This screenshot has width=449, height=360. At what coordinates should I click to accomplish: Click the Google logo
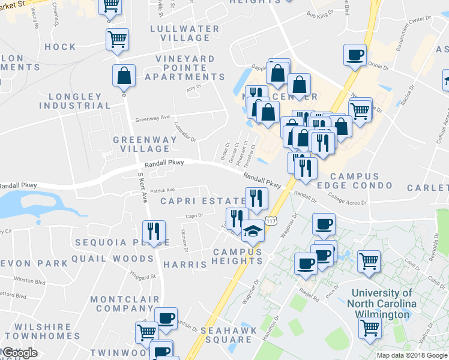tap(19, 353)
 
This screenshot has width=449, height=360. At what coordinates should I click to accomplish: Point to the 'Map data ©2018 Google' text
tap(411, 355)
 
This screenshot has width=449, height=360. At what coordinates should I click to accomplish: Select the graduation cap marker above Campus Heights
tap(252, 230)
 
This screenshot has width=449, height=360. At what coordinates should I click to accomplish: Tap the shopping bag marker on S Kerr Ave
tap(124, 76)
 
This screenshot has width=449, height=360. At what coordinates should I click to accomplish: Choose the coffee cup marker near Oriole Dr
tap(355, 55)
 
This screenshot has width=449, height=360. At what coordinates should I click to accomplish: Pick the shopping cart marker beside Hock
tap(117, 40)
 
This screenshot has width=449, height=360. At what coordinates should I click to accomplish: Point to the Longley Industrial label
tap(75, 101)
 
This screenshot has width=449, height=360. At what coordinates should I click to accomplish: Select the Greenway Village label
tap(145, 144)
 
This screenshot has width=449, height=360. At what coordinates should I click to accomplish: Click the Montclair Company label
tap(125, 304)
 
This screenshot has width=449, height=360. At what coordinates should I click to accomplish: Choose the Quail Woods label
tap(112, 259)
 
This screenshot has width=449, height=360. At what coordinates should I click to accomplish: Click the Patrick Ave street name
tap(162, 190)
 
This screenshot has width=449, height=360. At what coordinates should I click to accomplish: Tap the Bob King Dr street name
tap(319, 13)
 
